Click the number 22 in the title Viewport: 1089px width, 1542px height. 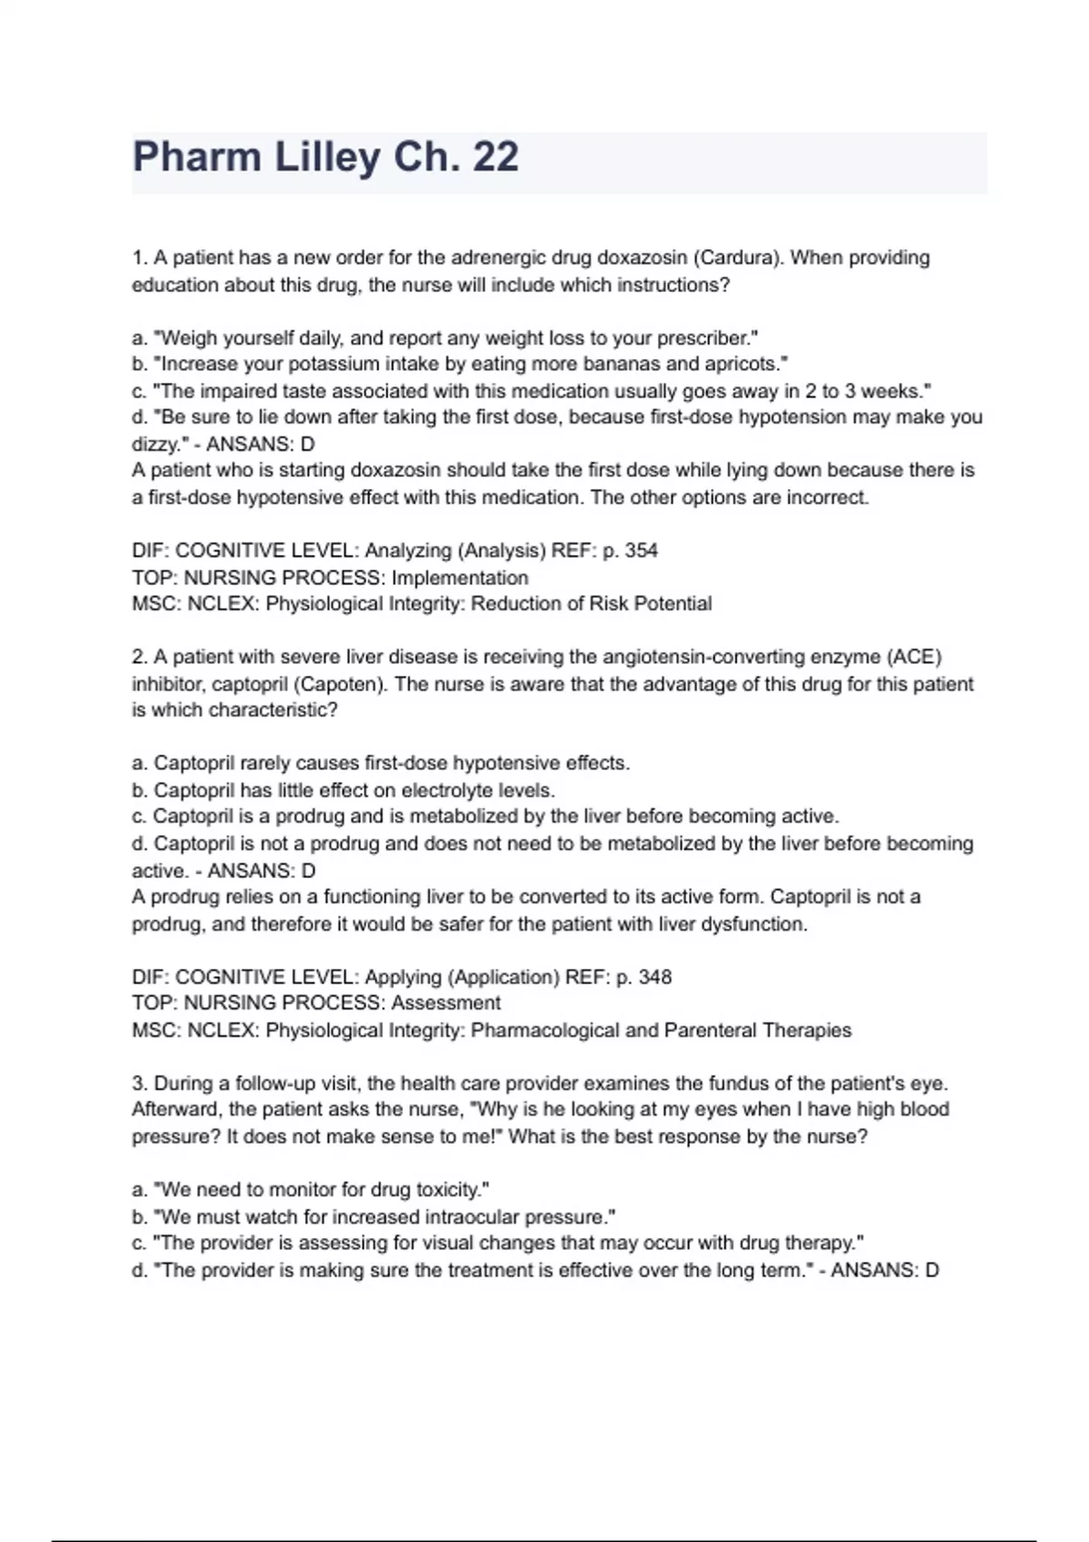click(x=495, y=157)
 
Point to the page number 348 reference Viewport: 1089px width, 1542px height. click(x=654, y=977)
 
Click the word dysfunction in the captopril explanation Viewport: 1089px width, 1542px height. click(x=757, y=924)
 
